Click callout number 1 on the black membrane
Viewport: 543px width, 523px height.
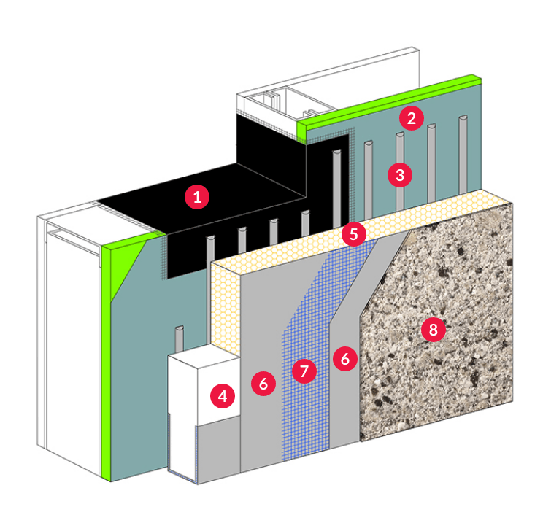click(x=196, y=197)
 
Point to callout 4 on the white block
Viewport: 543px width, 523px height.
click(x=223, y=396)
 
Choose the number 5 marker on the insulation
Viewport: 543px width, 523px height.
click(x=354, y=234)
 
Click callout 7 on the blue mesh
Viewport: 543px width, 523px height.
click(x=304, y=371)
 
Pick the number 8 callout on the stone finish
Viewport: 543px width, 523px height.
click(x=433, y=330)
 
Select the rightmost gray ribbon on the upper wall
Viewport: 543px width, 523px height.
click(x=463, y=153)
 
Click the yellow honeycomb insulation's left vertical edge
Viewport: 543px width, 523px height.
click(x=216, y=306)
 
